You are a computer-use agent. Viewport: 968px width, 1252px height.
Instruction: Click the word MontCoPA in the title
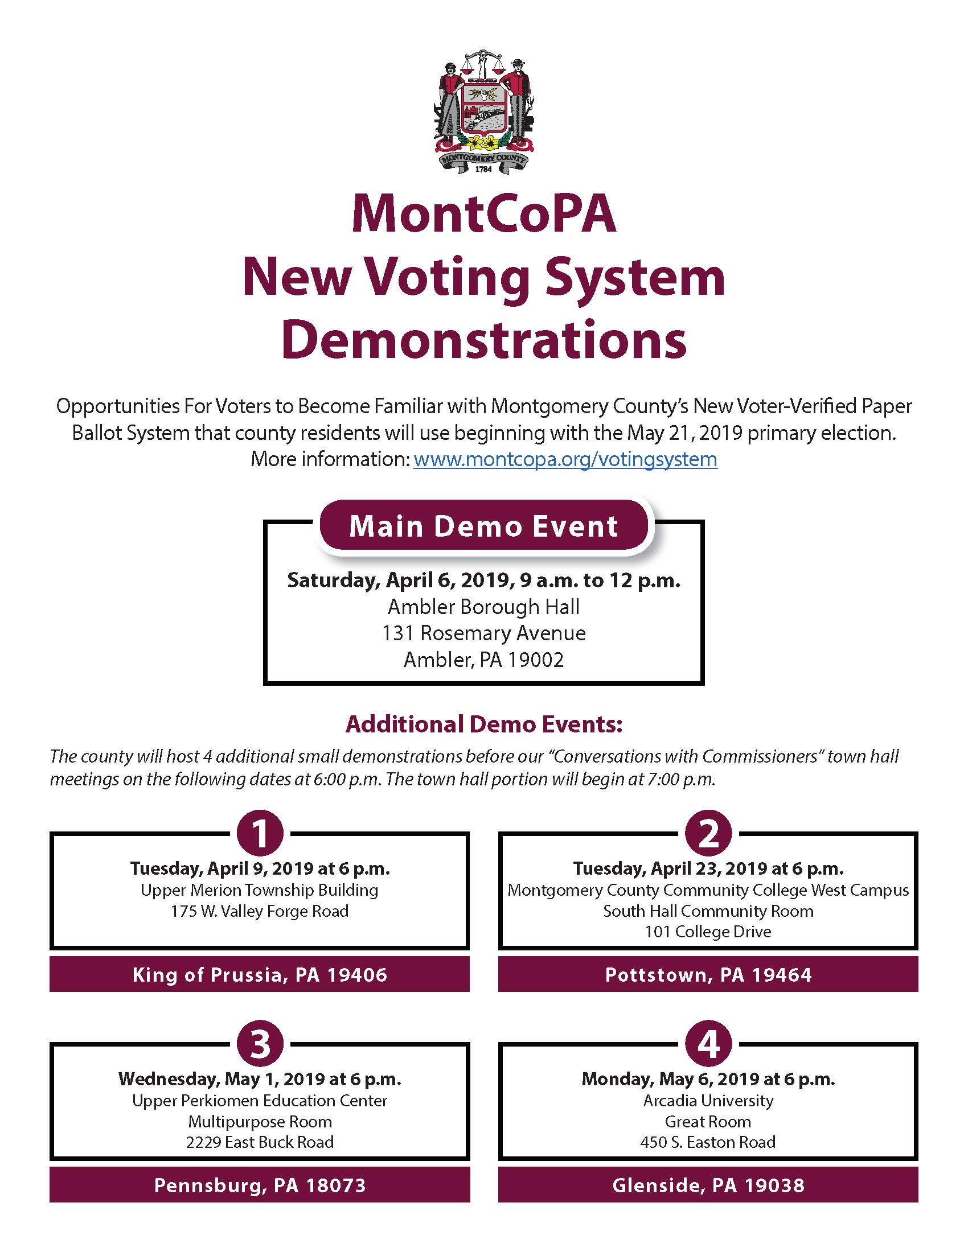click(483, 215)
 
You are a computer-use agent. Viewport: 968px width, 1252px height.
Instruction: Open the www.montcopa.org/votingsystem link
click(565, 459)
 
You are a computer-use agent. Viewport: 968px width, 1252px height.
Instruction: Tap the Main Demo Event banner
click(483, 526)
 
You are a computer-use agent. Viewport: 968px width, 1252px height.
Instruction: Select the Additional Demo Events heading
click(483, 724)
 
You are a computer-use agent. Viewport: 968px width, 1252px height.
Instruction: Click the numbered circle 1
click(260, 834)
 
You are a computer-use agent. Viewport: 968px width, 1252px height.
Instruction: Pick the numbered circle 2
click(708, 834)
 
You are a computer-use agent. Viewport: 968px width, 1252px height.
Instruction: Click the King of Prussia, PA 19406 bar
click(260, 974)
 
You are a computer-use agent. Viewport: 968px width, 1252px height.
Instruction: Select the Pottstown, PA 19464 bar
click(708, 974)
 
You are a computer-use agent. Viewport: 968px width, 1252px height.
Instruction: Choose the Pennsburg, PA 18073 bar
click(260, 1185)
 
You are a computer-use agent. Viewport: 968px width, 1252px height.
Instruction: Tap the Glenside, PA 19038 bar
click(708, 1185)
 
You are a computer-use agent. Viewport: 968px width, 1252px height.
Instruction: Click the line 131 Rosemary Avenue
click(483, 633)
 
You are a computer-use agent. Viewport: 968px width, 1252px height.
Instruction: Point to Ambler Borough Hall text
click(483, 607)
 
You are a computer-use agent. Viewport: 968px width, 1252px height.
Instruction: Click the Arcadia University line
click(708, 1101)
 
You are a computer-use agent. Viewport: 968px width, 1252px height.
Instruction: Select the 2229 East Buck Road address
click(260, 1142)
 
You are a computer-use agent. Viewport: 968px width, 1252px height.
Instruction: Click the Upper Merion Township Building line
click(260, 890)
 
